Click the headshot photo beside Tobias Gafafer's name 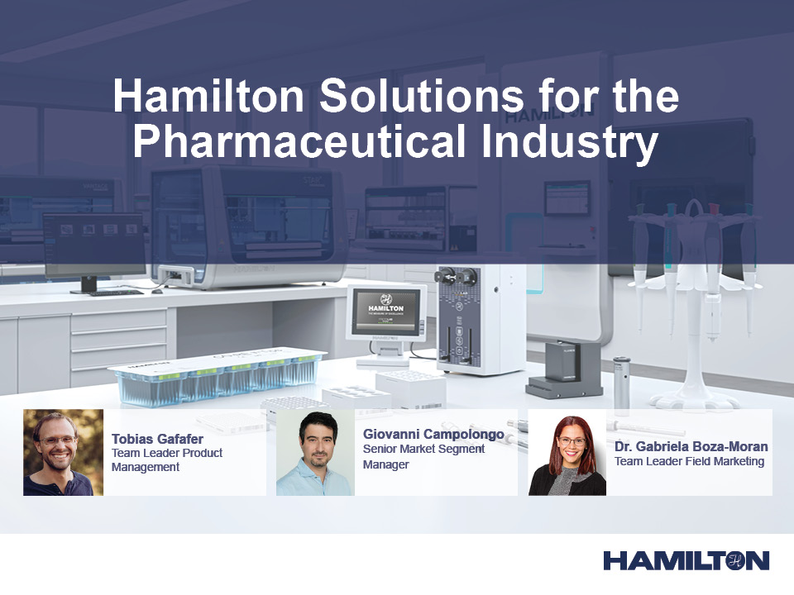point(63,452)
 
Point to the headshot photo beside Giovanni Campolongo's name point(315,452)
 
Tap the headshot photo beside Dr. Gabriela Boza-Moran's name point(567,452)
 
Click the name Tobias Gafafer point(157,439)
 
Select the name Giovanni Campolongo point(433,434)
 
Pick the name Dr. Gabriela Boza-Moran point(691,446)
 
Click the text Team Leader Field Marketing point(689,461)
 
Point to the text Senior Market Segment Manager point(423,456)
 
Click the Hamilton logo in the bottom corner point(686,560)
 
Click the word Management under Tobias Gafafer point(146,467)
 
